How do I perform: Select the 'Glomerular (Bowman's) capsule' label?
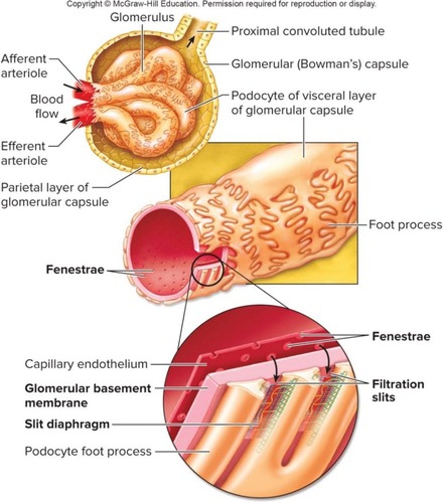[x=320, y=65]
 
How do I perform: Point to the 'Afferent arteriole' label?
[x=24, y=65]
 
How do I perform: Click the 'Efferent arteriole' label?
[x=24, y=153]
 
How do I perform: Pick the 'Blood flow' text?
[x=47, y=106]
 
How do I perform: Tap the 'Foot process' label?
[x=405, y=225]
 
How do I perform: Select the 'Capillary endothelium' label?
[x=86, y=364]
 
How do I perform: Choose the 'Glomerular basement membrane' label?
[x=88, y=395]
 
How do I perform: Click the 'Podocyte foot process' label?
[x=88, y=451]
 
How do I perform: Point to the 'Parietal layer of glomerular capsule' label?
[x=55, y=194]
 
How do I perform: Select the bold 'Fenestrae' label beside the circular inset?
[x=400, y=336]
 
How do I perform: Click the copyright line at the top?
[x=221, y=5]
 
